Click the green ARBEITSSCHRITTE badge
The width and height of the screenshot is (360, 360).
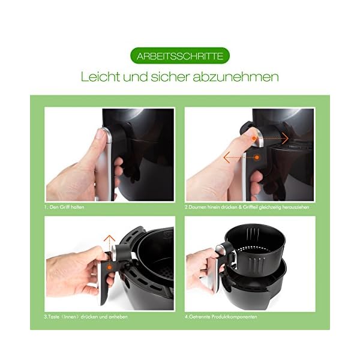(x=180, y=56)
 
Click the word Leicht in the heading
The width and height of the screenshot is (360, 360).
(x=101, y=77)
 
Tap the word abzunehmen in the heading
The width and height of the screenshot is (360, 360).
(x=236, y=77)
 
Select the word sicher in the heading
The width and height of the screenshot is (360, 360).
(x=170, y=77)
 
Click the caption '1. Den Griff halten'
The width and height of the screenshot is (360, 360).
(x=64, y=207)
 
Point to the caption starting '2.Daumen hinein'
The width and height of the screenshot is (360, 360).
(x=247, y=207)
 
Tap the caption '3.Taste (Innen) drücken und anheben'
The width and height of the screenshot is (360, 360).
(x=86, y=317)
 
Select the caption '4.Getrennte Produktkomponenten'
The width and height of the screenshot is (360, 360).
(x=221, y=317)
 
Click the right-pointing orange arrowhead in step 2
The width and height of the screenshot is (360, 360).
(x=286, y=138)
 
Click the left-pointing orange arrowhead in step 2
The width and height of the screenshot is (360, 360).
(x=227, y=157)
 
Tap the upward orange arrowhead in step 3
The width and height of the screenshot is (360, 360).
(x=109, y=238)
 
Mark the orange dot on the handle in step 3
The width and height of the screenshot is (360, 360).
(x=110, y=268)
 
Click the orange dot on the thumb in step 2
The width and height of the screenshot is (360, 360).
(x=254, y=138)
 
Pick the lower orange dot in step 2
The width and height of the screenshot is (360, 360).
(x=257, y=157)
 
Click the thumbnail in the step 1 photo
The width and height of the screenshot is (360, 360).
(x=100, y=134)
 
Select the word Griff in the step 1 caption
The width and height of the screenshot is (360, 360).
(x=65, y=207)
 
